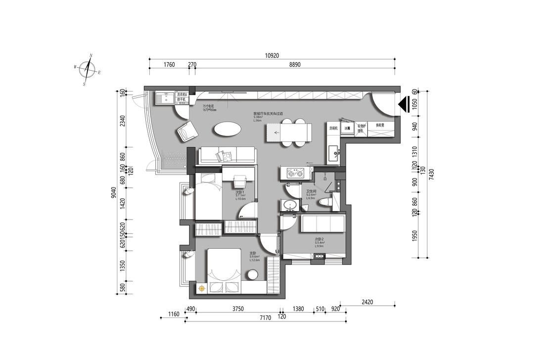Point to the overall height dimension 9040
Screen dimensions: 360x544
pyautogui.click(x=113, y=192)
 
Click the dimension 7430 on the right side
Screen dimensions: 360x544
pyautogui.click(x=431, y=174)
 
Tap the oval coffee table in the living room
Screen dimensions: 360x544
pyautogui.click(x=227, y=129)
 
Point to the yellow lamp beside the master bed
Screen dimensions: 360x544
pyautogui.click(x=202, y=288)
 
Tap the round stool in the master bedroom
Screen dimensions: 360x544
pyautogui.click(x=253, y=275)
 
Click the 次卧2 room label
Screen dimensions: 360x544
pyautogui.click(x=319, y=239)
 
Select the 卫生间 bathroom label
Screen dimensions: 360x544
pyautogui.click(x=312, y=191)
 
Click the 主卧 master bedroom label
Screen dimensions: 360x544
pyautogui.click(x=253, y=253)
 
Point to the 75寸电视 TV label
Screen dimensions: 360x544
pyautogui.click(x=208, y=106)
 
